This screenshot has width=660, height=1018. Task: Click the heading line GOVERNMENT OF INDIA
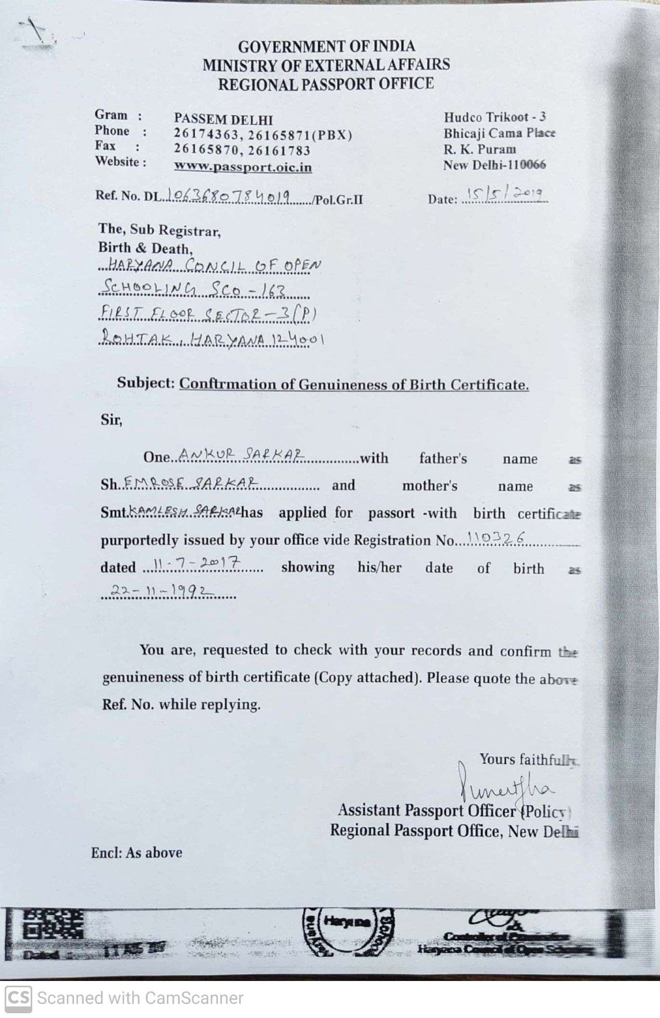click(326, 46)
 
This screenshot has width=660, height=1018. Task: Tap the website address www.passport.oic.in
click(242, 167)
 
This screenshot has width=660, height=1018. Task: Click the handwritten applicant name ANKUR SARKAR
click(241, 454)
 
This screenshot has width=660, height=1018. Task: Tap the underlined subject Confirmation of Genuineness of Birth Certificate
click(354, 384)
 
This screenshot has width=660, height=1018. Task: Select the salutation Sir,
click(112, 420)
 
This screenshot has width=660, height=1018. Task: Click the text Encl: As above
click(137, 853)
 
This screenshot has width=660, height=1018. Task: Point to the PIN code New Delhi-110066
click(495, 165)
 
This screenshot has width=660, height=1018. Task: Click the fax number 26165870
click(206, 150)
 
